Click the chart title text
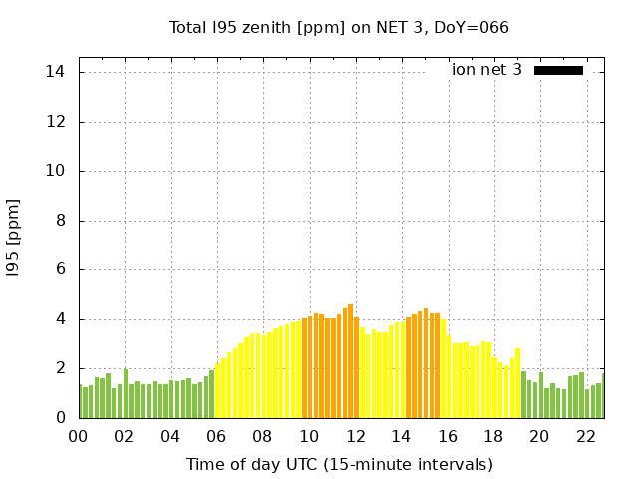point(339,28)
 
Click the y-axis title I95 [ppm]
point(14,238)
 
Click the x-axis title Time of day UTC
point(339,464)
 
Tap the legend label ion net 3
point(486,70)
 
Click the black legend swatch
point(558,70)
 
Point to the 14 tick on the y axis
point(55,72)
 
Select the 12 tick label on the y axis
point(55,122)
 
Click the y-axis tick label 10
point(55,171)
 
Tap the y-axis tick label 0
point(60,418)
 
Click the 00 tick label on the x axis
point(78,437)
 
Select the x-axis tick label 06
point(215,437)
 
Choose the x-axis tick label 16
point(447,437)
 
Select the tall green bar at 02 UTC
point(126,393)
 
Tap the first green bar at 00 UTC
point(80,401)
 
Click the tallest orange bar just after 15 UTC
point(426,363)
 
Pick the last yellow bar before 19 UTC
point(517,383)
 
